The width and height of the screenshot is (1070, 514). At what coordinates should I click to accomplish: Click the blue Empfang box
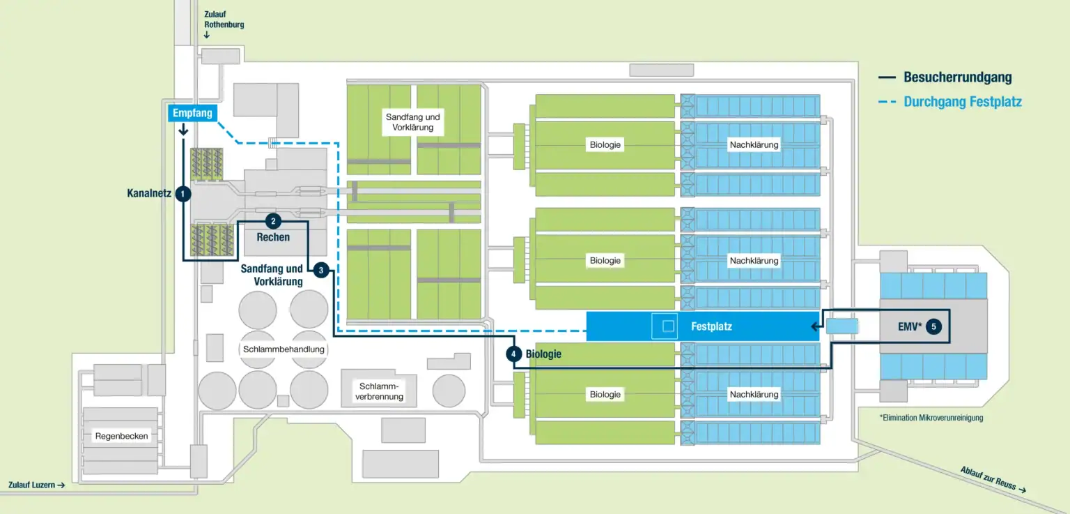(x=192, y=113)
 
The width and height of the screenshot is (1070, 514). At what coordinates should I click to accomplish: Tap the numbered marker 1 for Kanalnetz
(x=183, y=193)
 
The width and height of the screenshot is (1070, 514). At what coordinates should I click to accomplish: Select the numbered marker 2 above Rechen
(x=273, y=221)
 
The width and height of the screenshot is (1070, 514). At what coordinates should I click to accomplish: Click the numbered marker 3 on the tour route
(x=320, y=269)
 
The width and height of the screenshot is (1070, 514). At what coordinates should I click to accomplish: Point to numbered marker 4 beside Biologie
(x=513, y=354)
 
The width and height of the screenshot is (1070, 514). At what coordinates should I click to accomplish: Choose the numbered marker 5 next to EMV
(x=933, y=326)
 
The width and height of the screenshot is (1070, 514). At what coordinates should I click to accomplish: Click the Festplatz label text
(x=711, y=326)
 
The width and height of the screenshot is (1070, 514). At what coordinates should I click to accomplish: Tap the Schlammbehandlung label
(x=284, y=349)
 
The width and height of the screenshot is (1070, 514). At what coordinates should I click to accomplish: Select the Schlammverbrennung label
(x=380, y=391)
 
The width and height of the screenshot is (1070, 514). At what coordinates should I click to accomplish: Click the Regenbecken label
(x=122, y=436)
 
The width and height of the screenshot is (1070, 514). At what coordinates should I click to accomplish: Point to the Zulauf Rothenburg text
(x=224, y=20)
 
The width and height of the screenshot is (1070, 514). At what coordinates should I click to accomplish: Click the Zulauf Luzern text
(x=36, y=485)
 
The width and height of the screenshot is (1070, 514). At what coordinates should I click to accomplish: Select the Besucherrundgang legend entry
(x=957, y=78)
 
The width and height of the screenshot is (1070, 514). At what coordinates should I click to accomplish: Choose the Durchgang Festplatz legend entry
(x=962, y=102)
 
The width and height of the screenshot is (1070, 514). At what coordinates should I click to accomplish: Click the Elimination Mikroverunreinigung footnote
(x=931, y=418)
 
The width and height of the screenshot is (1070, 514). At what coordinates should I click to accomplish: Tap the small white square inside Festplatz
(x=668, y=326)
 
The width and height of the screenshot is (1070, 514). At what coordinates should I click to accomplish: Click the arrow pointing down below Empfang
(x=183, y=130)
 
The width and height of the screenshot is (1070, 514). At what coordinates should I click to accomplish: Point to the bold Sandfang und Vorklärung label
(x=272, y=275)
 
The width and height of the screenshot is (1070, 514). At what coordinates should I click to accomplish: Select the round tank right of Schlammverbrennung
(x=449, y=391)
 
